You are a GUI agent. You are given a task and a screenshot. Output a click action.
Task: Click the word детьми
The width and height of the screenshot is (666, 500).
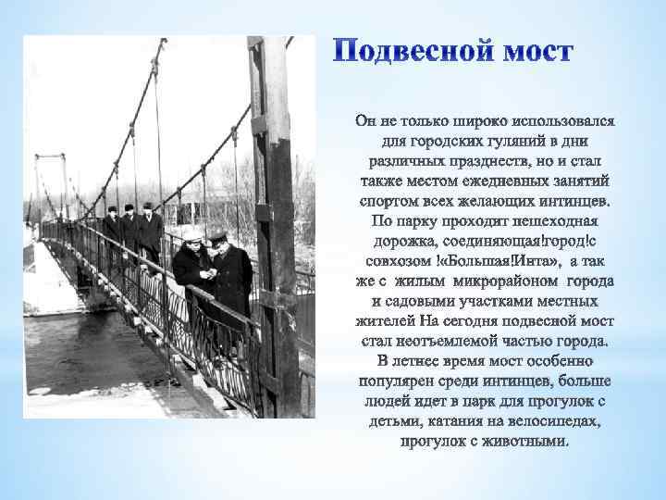(x=385, y=422)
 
